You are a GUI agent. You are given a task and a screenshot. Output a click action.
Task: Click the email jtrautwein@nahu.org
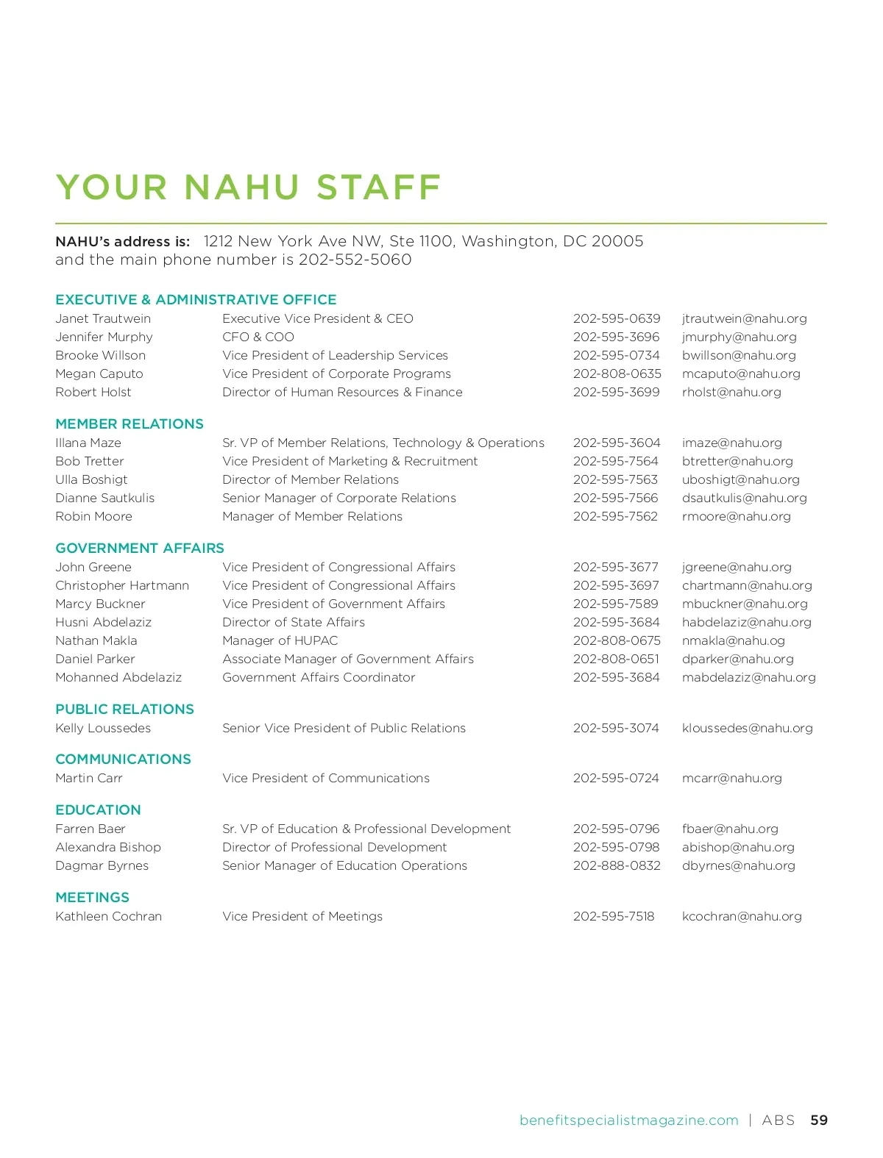click(x=744, y=318)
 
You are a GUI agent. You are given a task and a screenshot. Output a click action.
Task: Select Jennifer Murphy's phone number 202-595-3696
click(x=616, y=337)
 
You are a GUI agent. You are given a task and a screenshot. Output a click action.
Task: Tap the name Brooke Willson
click(x=100, y=355)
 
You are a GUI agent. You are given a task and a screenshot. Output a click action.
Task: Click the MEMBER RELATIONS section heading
click(x=130, y=423)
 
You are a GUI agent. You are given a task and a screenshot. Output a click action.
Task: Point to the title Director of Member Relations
click(x=311, y=479)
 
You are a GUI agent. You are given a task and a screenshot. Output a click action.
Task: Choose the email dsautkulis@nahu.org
click(x=744, y=498)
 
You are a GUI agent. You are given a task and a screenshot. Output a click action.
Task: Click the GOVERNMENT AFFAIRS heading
click(x=140, y=548)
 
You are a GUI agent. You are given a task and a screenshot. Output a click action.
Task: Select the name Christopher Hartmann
click(x=122, y=585)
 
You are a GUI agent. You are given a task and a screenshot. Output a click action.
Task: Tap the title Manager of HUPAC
click(x=280, y=640)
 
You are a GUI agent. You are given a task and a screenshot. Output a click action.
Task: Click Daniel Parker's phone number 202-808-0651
click(x=616, y=659)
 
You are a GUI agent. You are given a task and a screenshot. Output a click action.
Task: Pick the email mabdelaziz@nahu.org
click(x=748, y=677)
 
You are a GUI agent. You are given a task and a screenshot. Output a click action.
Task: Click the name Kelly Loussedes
click(x=103, y=728)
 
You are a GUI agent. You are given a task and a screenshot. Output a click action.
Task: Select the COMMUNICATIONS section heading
click(x=123, y=759)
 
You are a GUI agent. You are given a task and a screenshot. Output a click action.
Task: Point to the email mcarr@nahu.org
click(x=731, y=778)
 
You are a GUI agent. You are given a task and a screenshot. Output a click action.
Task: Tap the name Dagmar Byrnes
click(x=102, y=865)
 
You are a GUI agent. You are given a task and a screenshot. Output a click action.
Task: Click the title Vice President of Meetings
click(x=302, y=916)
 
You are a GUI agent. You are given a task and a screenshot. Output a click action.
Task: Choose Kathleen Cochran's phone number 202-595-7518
click(x=614, y=916)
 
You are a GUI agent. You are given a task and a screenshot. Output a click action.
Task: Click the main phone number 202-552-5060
click(x=355, y=260)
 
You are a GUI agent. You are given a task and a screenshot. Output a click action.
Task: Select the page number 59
click(x=818, y=1120)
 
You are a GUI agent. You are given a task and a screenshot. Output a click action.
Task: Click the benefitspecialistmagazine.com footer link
click(x=628, y=1120)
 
